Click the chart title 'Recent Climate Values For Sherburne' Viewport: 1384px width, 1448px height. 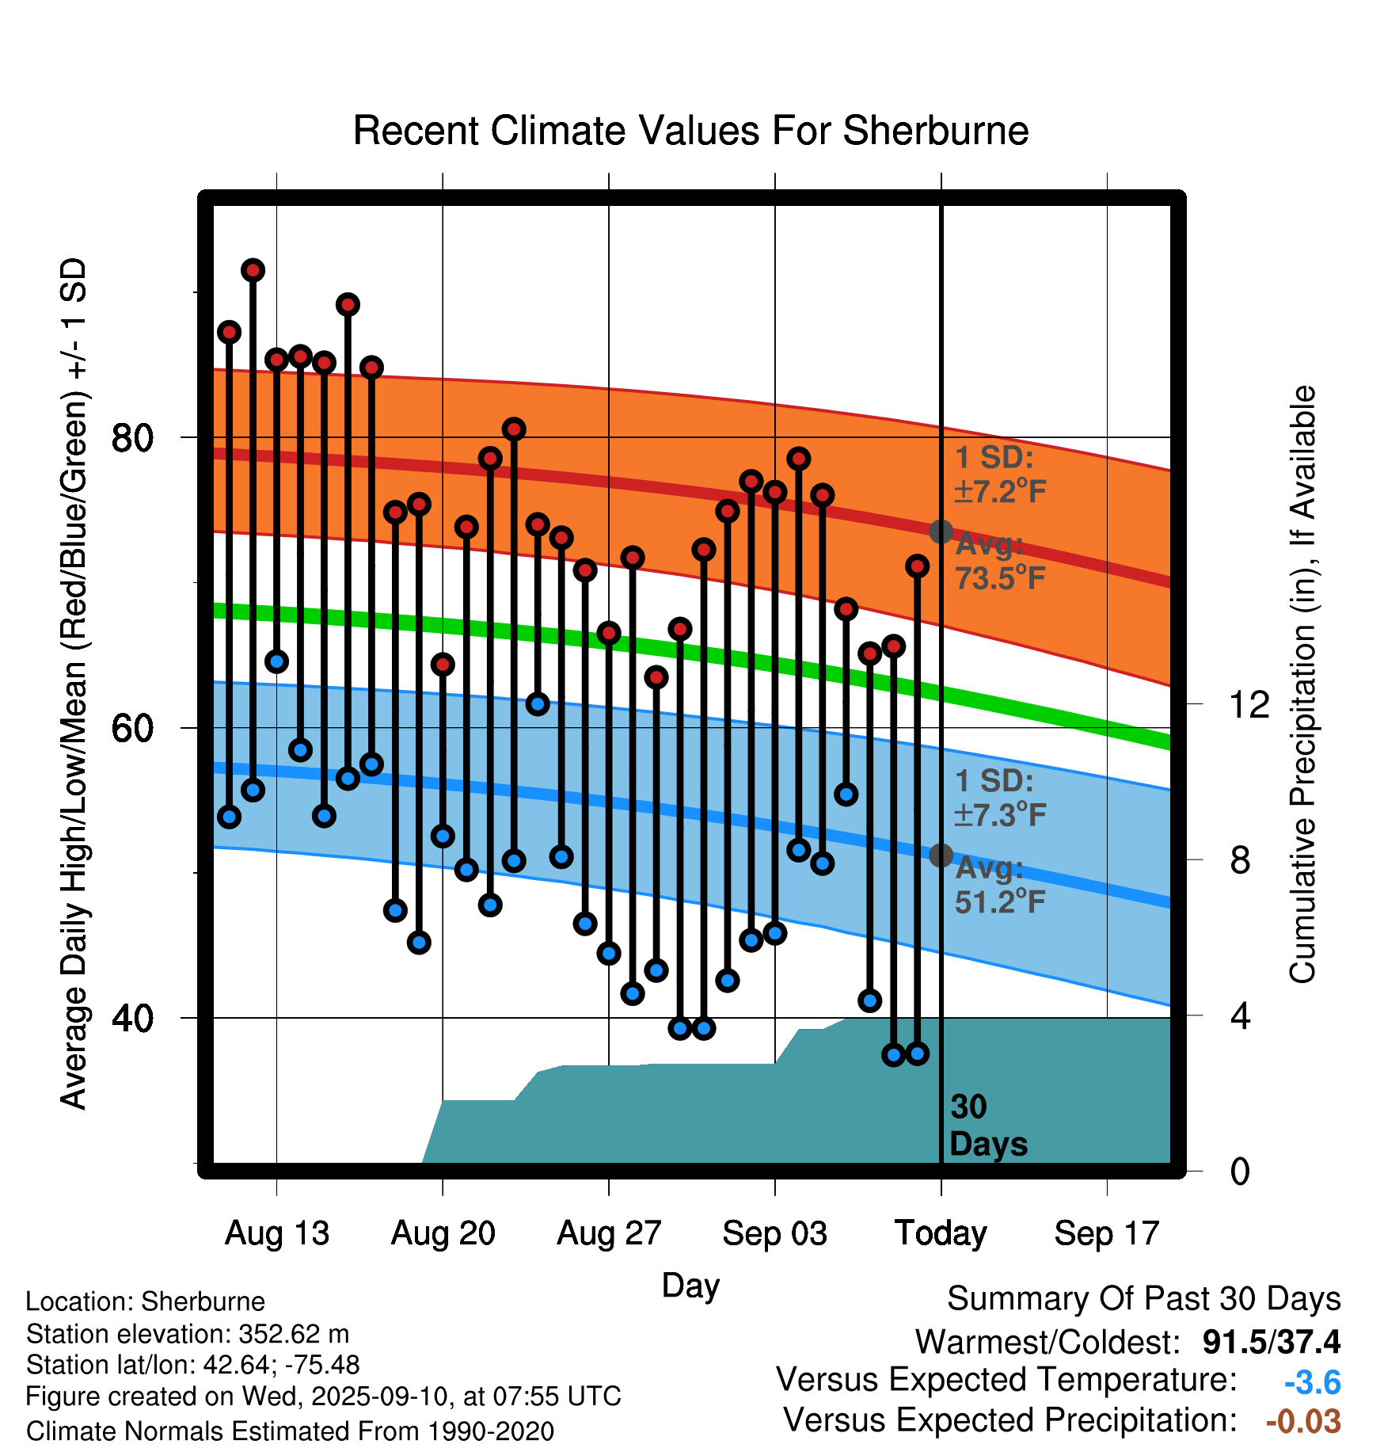coord(690,131)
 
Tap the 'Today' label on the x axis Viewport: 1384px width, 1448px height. coord(941,1233)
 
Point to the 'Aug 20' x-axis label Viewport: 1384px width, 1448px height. coord(443,1233)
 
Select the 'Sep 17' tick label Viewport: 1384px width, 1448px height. coord(1107,1233)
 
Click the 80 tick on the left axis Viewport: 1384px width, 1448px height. coord(132,437)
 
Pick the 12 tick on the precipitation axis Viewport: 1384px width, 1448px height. coord(1249,704)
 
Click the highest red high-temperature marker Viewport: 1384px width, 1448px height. coord(253,270)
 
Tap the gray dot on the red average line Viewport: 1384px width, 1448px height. coord(941,531)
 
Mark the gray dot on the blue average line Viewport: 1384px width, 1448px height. coord(941,855)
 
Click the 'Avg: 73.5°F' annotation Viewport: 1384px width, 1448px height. coord(999,562)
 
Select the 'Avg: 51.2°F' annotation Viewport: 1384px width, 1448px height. coord(999,886)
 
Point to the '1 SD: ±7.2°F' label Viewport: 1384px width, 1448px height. coord(999,474)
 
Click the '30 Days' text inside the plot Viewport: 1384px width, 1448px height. coord(987,1126)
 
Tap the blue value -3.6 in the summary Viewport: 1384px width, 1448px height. coord(1312,1382)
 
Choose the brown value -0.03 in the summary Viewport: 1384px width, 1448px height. coord(1303,1421)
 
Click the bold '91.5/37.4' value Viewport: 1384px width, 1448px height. coord(1271,1342)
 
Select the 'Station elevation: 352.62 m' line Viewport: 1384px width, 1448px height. coord(188,1334)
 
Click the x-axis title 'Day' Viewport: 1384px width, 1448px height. coord(690,1285)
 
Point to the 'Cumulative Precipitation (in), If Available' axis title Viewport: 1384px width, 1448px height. coord(1302,684)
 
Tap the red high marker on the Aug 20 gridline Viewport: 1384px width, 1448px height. coord(443,664)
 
